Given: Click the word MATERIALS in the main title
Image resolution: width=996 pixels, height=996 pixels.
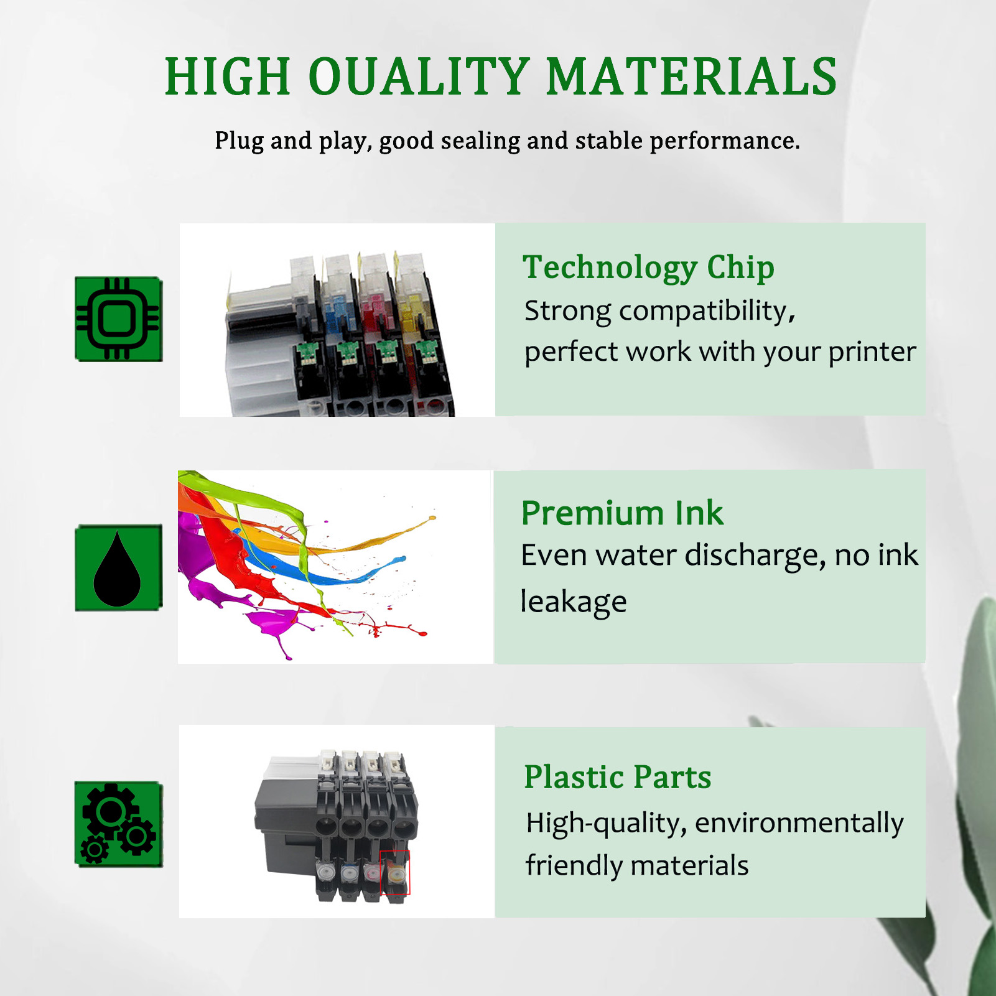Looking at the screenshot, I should click(692, 77).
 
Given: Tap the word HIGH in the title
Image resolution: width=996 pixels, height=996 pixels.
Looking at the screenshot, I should click(228, 77).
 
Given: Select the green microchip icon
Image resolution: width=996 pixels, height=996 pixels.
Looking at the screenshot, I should click(118, 319).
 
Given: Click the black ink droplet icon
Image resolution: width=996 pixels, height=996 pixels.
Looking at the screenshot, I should click(118, 567).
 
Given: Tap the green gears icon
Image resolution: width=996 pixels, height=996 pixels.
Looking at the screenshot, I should click(118, 824).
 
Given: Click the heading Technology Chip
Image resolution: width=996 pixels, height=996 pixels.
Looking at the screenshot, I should click(648, 268).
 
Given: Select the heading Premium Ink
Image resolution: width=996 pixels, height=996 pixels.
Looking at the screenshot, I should click(622, 513).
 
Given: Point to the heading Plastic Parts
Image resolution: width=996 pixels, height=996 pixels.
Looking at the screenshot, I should click(617, 777).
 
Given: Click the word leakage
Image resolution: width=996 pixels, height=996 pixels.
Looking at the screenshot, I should click(573, 602).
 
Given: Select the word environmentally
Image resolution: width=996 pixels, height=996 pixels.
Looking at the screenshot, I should click(799, 824).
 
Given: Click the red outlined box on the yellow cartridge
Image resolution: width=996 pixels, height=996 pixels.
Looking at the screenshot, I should click(394, 873).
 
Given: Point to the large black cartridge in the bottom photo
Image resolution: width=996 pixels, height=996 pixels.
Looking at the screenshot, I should click(286, 821).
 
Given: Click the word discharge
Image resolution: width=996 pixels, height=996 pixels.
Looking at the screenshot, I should click(755, 556).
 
